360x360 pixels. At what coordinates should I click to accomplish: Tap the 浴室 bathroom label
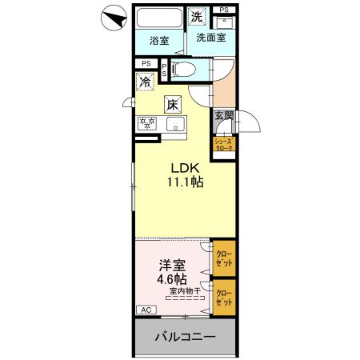coord(159,41)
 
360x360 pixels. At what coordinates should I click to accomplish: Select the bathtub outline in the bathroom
coord(158,20)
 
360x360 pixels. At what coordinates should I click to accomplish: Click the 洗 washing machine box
coord(197,17)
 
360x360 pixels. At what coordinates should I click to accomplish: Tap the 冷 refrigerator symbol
coord(145,82)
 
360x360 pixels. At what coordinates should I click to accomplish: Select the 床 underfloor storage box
coord(172,103)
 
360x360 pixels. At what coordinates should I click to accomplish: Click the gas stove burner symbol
coord(147,124)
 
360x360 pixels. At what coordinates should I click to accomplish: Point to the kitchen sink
coord(175,124)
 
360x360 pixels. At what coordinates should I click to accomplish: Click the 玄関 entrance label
coord(222,116)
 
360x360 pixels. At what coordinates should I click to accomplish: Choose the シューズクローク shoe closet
coord(223,145)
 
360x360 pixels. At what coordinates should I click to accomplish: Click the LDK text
coord(185,167)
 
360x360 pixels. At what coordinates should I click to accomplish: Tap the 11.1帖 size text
coord(185,182)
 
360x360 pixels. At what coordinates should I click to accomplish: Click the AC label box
coord(146,309)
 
